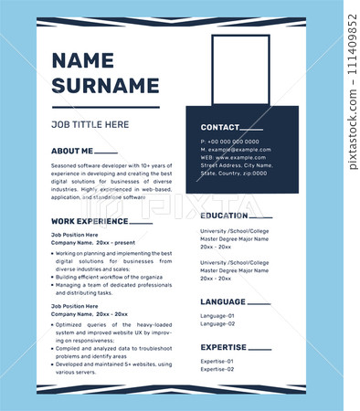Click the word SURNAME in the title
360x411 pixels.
(105, 85)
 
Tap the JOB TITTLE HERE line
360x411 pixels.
(90, 124)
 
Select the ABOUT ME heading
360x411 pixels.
(72, 151)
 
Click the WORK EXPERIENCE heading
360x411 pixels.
(90, 221)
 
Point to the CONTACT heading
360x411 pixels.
(220, 127)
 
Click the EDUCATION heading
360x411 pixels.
(224, 216)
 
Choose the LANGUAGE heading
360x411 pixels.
(223, 301)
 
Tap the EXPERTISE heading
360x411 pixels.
(224, 347)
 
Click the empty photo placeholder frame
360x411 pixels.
(240, 70)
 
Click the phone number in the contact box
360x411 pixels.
(229, 142)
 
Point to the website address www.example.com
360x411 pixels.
(233, 157)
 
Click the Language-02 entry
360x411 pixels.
(217, 323)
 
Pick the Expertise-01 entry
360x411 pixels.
(217, 362)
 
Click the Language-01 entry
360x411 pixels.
(217, 316)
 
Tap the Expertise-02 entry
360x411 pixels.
(217, 369)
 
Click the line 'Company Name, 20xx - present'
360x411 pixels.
(92, 242)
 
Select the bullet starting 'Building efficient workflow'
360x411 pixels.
(110, 277)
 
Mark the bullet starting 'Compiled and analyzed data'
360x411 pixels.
(113, 348)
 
